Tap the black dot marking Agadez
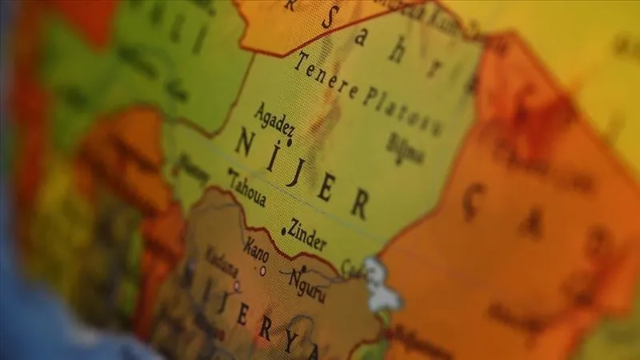coord(290,142)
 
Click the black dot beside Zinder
coord(283,232)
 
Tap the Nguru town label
coord(307,285)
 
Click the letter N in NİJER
coord(245,143)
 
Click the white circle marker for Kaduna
coord(236,285)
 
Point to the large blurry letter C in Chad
coord(474,200)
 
